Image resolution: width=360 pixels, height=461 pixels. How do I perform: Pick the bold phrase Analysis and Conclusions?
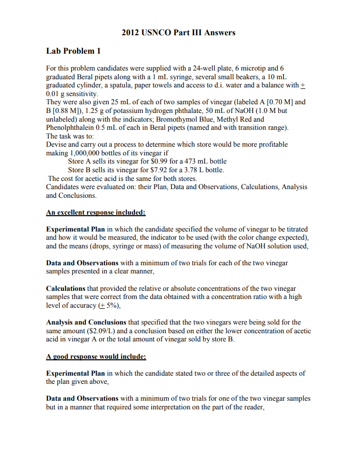point(86,322)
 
